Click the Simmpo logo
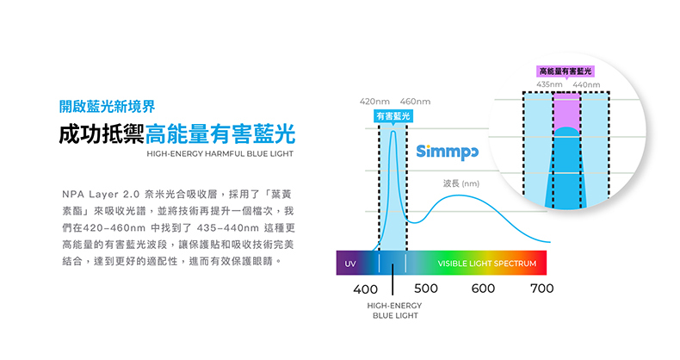click(448, 153)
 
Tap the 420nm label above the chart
click(374, 103)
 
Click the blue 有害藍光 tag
click(393, 116)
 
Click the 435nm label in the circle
click(549, 84)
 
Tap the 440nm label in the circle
click(585, 84)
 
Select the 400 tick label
click(366, 289)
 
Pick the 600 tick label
click(483, 289)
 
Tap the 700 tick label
click(541, 289)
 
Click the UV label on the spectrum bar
click(350, 263)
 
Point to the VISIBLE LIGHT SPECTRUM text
click(486, 263)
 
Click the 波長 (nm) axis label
click(461, 183)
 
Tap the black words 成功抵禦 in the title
click(101, 134)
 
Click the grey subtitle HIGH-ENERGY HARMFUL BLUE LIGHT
click(220, 154)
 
